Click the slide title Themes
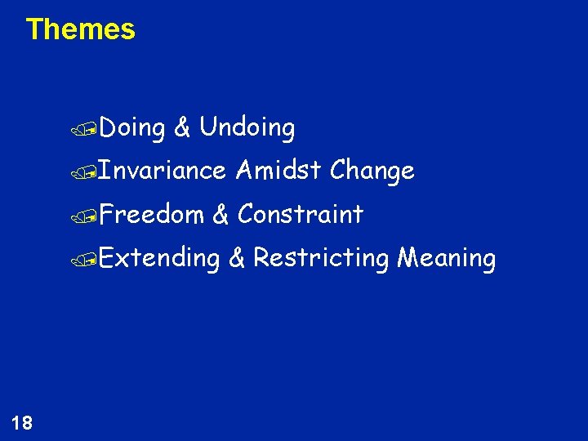80,29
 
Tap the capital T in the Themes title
33,29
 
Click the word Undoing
247,127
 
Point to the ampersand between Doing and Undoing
183,127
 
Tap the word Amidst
278,171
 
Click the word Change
372,171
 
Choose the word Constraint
300,214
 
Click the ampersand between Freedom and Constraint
220,214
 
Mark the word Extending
160,259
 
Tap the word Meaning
446,259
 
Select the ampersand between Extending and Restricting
236,258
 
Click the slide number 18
22,422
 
